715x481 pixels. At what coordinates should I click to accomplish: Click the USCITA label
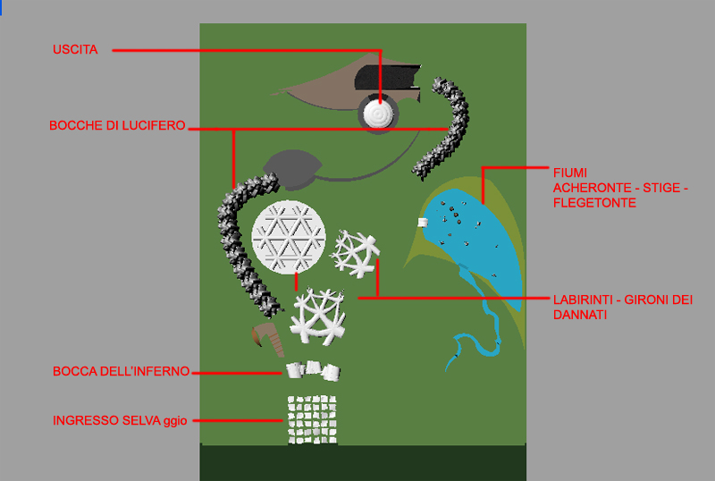pyautogui.click(x=74, y=50)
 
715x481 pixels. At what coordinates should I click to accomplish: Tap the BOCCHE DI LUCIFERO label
pyautogui.click(x=117, y=127)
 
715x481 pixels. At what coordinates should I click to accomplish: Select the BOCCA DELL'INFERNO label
pyautogui.click(x=121, y=371)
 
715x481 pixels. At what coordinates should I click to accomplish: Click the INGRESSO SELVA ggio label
pyautogui.click(x=120, y=420)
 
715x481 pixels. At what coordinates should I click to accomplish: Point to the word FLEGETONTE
pyautogui.click(x=594, y=203)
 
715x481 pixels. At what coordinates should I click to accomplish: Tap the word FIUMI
pyautogui.click(x=570, y=172)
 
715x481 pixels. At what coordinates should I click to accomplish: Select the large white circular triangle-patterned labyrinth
pyautogui.click(x=288, y=237)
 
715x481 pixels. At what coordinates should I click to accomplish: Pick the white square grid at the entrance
pyautogui.click(x=312, y=418)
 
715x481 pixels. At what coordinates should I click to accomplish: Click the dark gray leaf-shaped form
pyautogui.click(x=291, y=168)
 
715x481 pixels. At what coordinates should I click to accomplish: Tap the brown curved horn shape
pyautogui.click(x=267, y=338)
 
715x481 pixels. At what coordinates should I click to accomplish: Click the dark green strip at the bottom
pyautogui.click(x=362, y=462)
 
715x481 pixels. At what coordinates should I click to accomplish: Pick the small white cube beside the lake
pyautogui.click(x=423, y=223)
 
